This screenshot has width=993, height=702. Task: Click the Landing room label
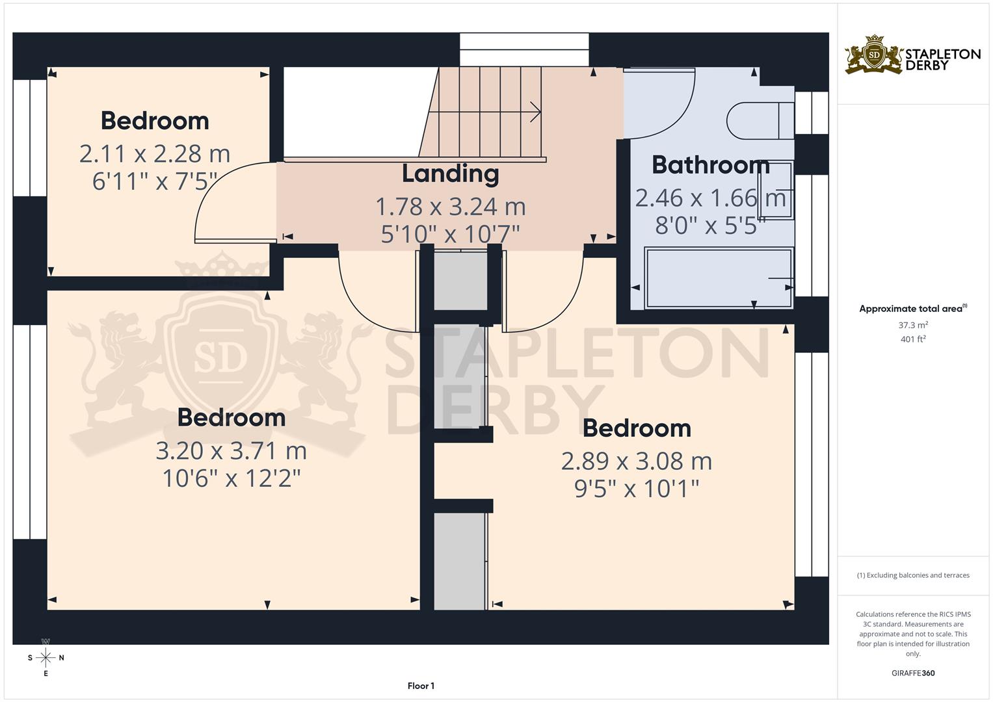click(450, 174)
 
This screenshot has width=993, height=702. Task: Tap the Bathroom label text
click(710, 165)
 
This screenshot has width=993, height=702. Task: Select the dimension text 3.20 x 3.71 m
click(231, 450)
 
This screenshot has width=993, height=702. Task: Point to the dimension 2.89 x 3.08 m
click(636, 461)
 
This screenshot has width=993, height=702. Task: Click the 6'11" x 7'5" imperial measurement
click(154, 181)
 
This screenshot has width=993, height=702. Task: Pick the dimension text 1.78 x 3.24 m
click(450, 207)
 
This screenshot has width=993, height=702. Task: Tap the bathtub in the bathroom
click(718, 278)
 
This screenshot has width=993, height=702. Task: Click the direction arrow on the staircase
click(535, 112)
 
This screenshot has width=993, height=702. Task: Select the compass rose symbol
click(46, 657)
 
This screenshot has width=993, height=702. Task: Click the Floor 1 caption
click(421, 686)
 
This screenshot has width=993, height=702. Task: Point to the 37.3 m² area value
click(913, 325)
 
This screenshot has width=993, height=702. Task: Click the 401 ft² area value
click(913, 339)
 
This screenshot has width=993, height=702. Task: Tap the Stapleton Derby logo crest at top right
click(874, 55)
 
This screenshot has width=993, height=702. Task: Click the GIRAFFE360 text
click(913, 673)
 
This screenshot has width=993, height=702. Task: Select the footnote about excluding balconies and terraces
click(913, 575)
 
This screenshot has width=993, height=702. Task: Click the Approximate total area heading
click(912, 309)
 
